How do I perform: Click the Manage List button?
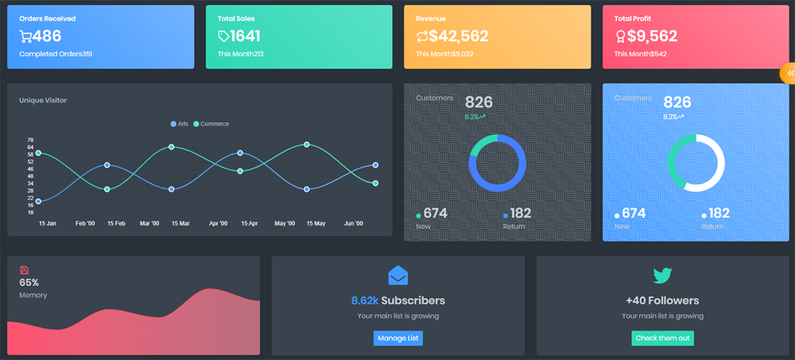[397, 339]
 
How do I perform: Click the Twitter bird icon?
[662, 276]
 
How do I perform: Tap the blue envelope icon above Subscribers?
[397, 276]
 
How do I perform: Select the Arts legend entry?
[179, 124]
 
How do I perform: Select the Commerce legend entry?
[211, 124]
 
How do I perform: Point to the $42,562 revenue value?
[458, 36]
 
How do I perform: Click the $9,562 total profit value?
[652, 36]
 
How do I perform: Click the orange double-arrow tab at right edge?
[789, 73]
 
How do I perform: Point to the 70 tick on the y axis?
[30, 140]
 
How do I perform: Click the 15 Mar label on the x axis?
[180, 224]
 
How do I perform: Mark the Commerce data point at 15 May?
[307, 145]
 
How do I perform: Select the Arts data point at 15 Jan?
[38, 201]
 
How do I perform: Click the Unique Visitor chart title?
[43, 100]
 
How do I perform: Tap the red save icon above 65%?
[24, 270]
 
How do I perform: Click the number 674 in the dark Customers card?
[435, 213]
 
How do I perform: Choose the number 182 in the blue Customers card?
[718, 213]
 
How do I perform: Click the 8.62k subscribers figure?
[364, 300]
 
